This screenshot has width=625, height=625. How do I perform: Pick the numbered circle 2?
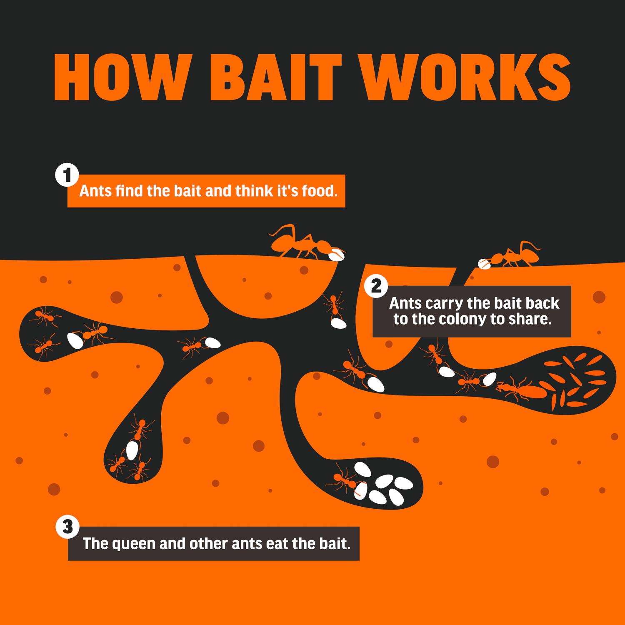375,287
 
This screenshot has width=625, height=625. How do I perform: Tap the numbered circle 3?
67,527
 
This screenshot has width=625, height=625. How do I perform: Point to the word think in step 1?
254,191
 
